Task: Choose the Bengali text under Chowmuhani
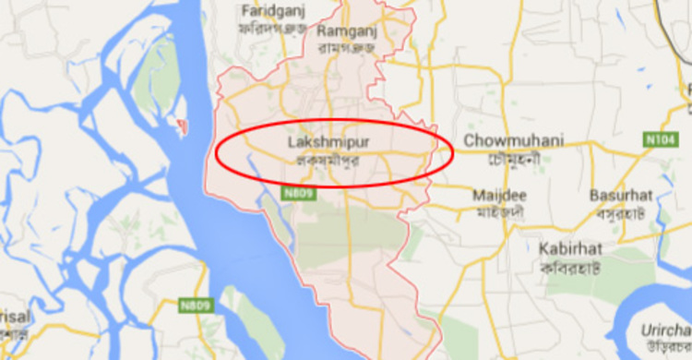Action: pyautogui.click(x=514, y=157)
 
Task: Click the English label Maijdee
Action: pyautogui.click(x=498, y=196)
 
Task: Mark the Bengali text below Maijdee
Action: pyautogui.click(x=500, y=211)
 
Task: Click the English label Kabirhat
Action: pyautogui.click(x=573, y=248)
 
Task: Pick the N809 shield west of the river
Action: pyautogui.click(x=197, y=305)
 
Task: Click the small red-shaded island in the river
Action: pyautogui.click(x=181, y=123)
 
